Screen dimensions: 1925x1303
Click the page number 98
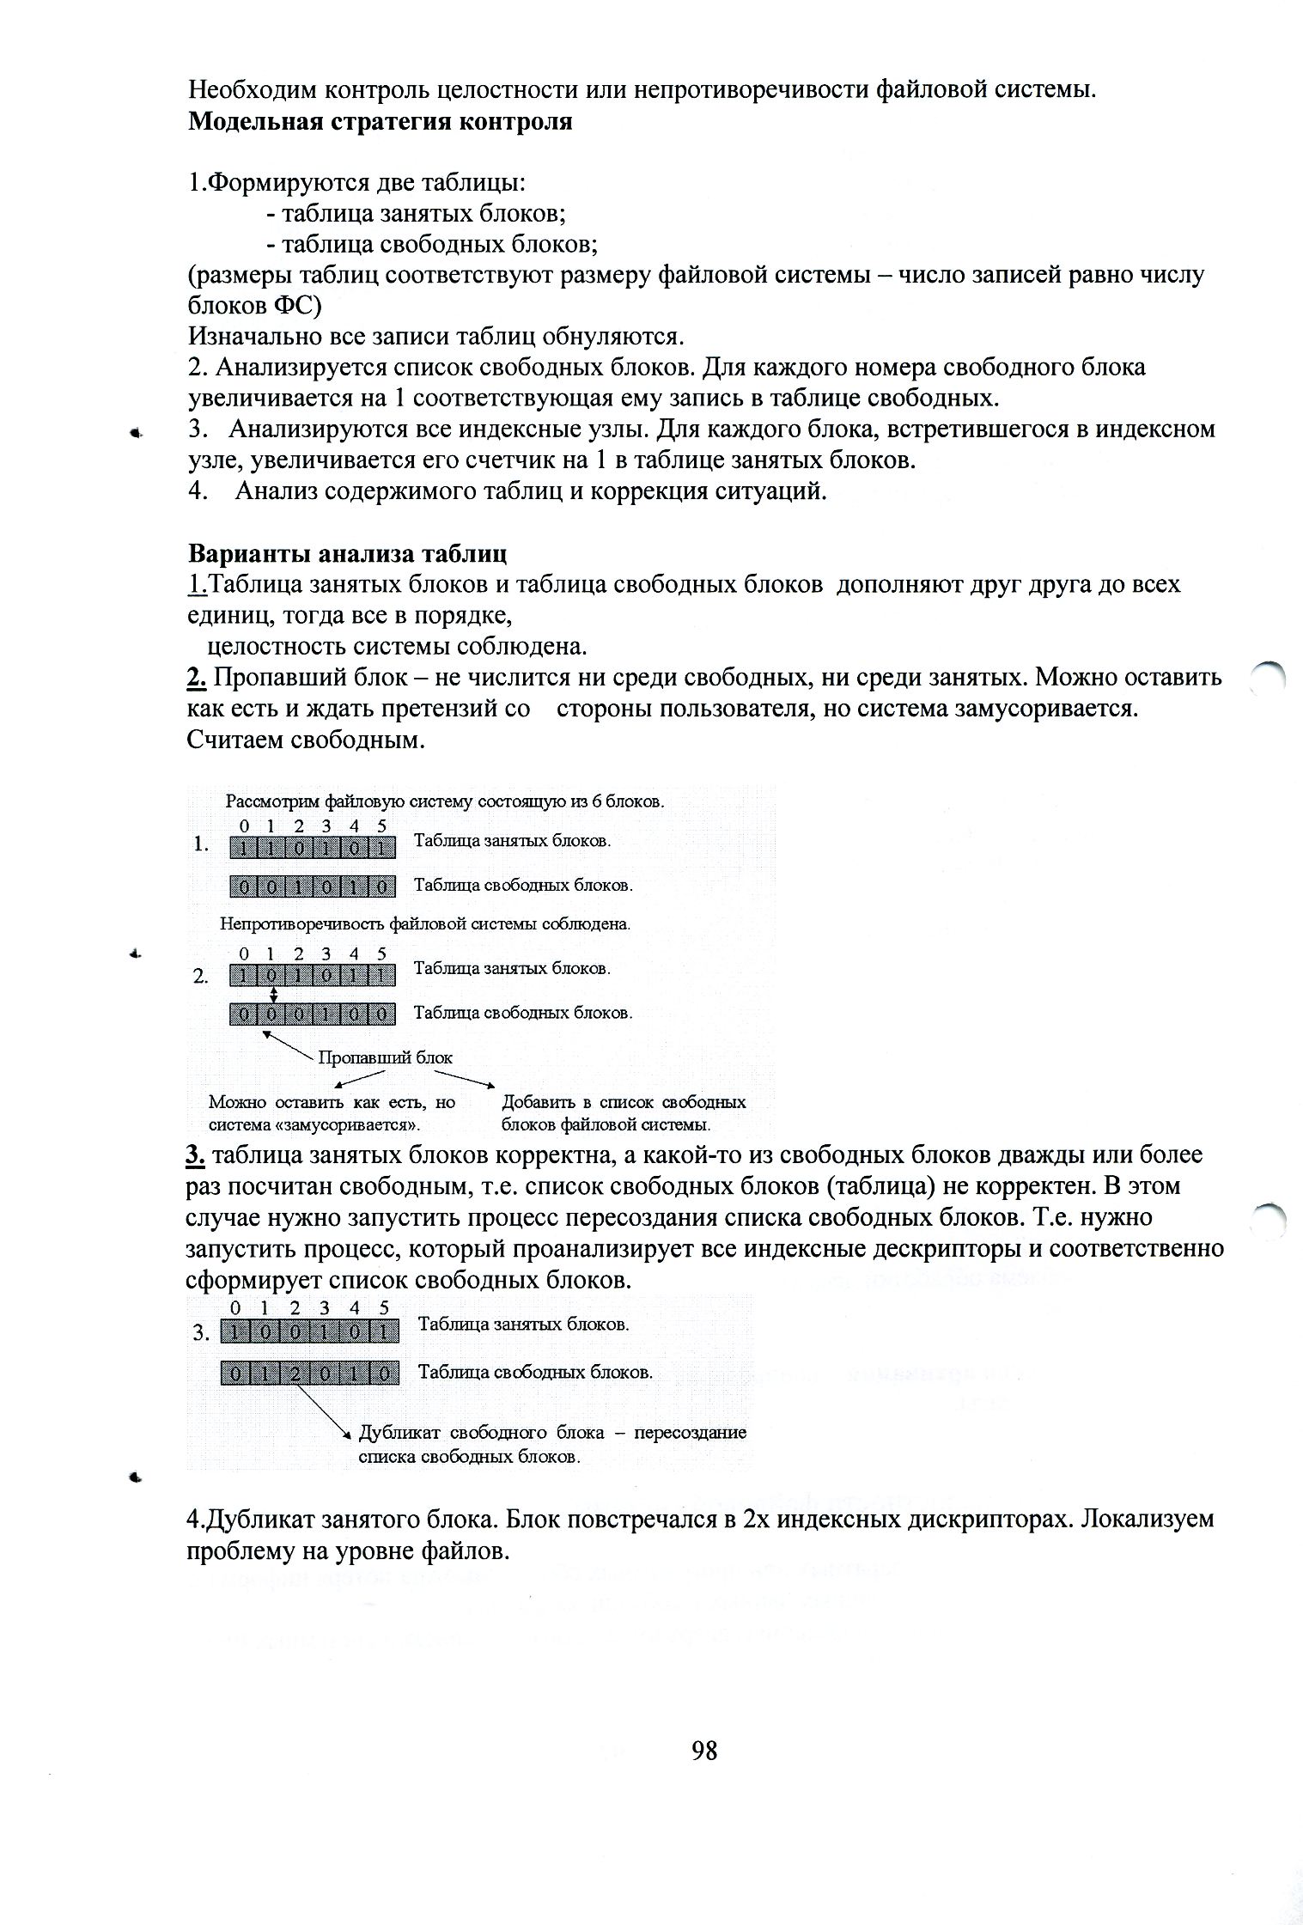(x=704, y=1750)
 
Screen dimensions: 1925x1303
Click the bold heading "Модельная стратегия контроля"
(x=380, y=121)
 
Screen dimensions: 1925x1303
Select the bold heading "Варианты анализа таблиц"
(x=347, y=552)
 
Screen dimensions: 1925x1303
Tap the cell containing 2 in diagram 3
(x=295, y=1374)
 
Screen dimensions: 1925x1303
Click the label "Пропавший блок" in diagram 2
(x=385, y=1057)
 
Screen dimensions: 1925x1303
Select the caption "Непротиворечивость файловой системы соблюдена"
(x=425, y=924)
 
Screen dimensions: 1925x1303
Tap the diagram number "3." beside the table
(x=201, y=1334)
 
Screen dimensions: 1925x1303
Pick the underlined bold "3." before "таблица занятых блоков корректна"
(x=195, y=1155)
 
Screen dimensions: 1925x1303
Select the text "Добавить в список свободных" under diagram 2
(x=624, y=1102)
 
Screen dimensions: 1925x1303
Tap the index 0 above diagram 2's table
(x=244, y=953)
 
